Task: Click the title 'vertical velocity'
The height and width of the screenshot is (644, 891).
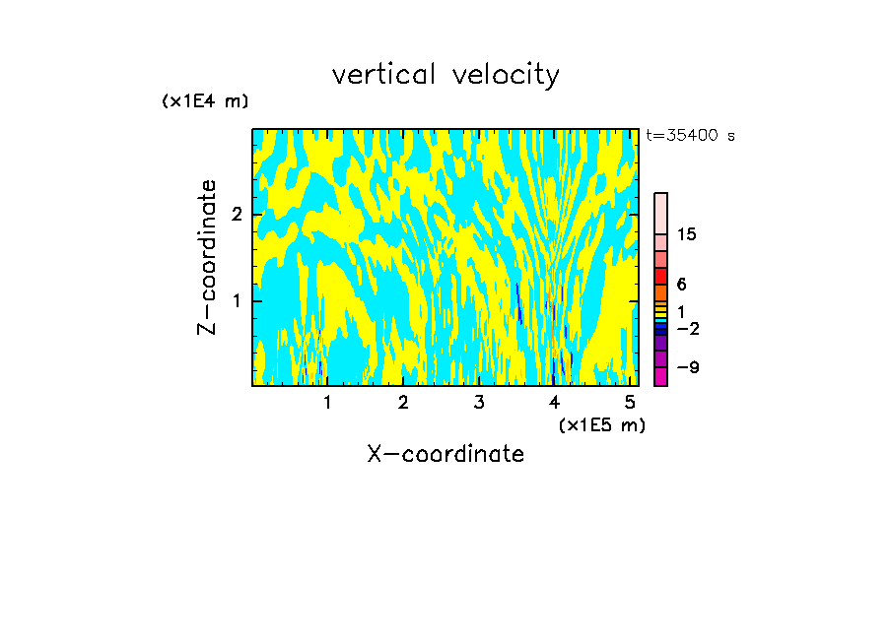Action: (x=445, y=75)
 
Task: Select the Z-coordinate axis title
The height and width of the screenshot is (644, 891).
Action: (x=207, y=257)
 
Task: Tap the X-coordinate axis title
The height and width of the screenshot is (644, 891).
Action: (x=445, y=454)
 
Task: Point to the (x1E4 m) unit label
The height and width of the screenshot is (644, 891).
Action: (x=205, y=100)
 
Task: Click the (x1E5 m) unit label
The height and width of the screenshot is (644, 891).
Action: (x=601, y=424)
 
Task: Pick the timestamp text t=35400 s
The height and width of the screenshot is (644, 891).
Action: (x=690, y=136)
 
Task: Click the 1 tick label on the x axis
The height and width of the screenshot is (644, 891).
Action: (x=327, y=402)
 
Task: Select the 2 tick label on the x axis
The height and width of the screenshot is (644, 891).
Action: (x=403, y=402)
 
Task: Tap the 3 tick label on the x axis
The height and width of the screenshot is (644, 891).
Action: (x=479, y=402)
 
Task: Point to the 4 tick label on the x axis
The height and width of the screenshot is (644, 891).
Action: (x=554, y=402)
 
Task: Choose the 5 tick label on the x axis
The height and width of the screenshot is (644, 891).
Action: (x=630, y=402)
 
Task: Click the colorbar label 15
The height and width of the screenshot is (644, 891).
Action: (x=687, y=234)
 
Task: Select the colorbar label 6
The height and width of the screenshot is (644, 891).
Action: (x=681, y=284)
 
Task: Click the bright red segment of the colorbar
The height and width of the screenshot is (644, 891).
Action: (x=660, y=276)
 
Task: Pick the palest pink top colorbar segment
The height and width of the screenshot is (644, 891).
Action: (x=660, y=213)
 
